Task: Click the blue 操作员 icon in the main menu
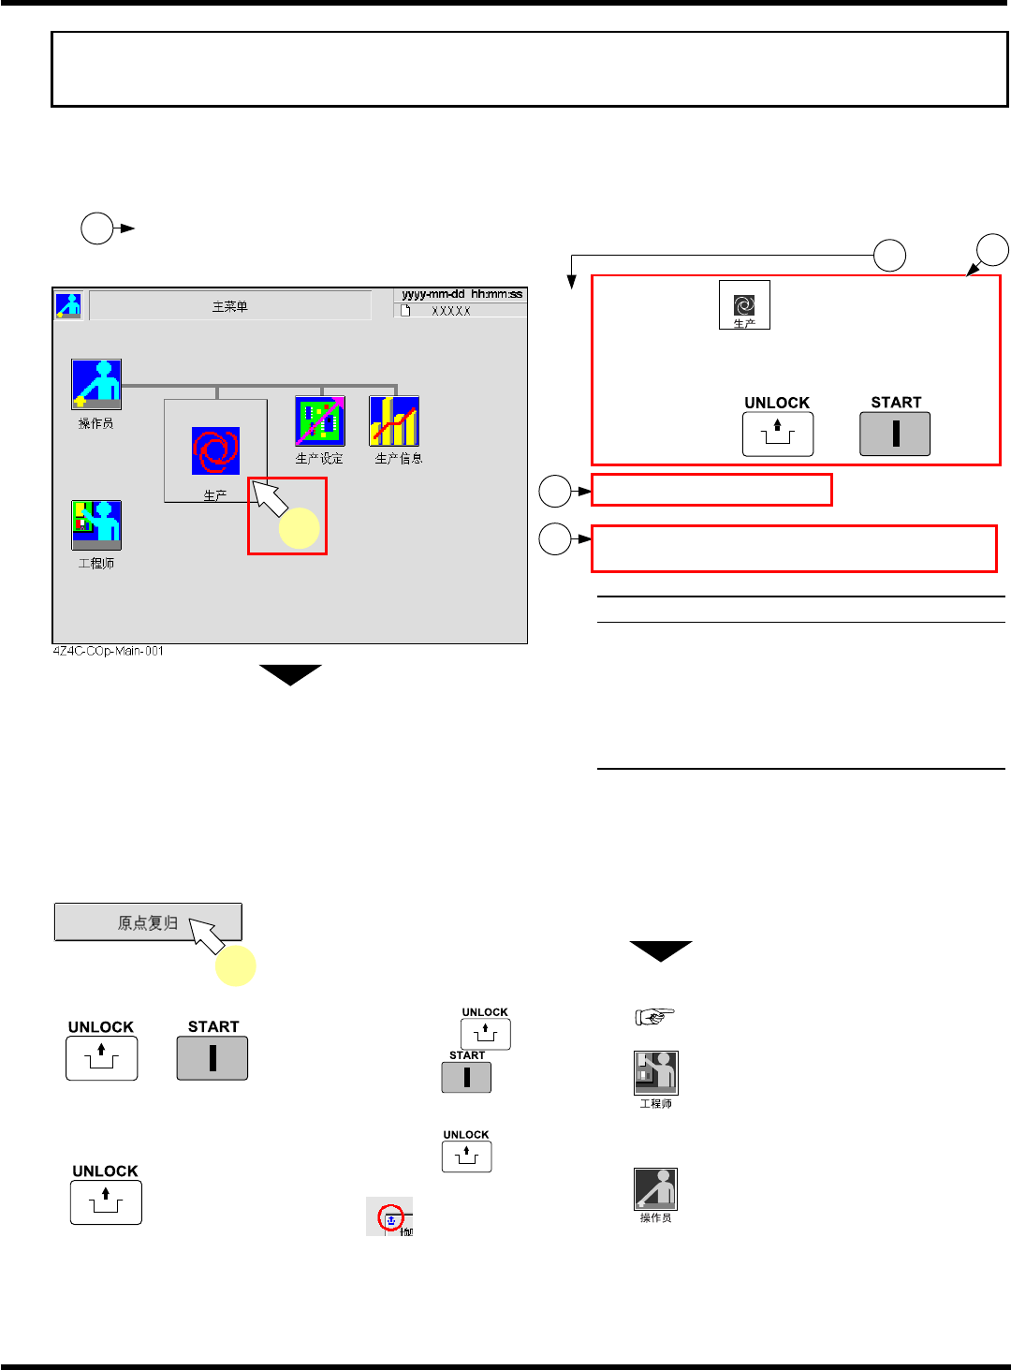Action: coord(96,384)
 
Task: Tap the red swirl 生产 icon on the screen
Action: coord(215,450)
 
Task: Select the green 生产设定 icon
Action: coord(320,420)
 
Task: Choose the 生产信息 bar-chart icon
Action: coord(394,420)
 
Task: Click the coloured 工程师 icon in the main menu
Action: coord(96,525)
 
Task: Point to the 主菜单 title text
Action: coord(230,306)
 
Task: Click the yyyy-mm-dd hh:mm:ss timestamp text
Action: coord(462,294)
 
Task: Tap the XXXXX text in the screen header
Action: coord(451,311)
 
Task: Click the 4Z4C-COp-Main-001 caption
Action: coord(108,651)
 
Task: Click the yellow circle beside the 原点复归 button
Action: coord(236,965)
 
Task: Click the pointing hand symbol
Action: coord(654,1016)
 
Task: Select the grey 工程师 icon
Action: coord(655,1073)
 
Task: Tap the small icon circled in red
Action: coord(390,1217)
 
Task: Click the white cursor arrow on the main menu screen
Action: coord(270,498)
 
